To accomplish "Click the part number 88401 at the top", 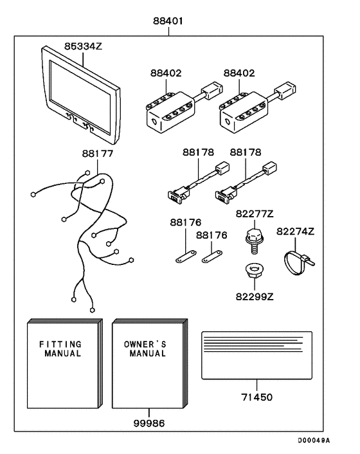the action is click(168, 21).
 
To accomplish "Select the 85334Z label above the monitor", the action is click(83, 46).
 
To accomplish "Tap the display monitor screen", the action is click(80, 96).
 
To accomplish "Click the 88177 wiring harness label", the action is click(98, 153).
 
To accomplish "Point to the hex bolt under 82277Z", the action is click(253, 241).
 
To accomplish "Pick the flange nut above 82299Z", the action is click(254, 271).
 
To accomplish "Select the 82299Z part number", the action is click(255, 297).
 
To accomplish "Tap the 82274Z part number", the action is click(295, 232).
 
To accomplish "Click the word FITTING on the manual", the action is click(60, 344).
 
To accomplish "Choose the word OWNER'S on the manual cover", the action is click(145, 344).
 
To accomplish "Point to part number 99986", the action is click(149, 423).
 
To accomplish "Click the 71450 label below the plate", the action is click(257, 397).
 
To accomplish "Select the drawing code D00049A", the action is click(314, 440).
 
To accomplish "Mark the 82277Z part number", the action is click(255, 214).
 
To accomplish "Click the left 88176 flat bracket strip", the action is click(186, 257).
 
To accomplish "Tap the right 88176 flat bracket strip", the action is click(212, 257).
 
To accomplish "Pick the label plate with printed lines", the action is click(257, 355).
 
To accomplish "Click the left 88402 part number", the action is click(166, 73).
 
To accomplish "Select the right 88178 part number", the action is click(246, 152).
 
